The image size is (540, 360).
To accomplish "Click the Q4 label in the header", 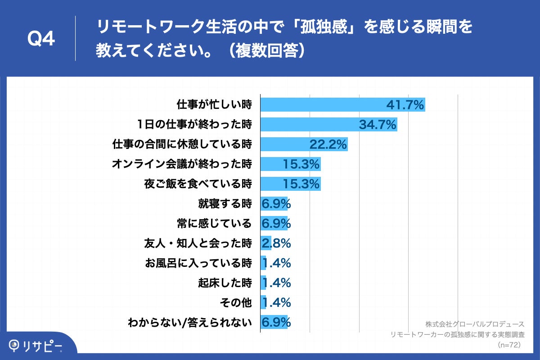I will pyautogui.click(x=41, y=39).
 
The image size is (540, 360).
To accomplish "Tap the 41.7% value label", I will pyautogui.click(x=405, y=105).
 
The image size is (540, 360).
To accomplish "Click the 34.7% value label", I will pyautogui.click(x=378, y=125).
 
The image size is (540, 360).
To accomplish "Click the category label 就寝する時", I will pyautogui.click(x=225, y=203).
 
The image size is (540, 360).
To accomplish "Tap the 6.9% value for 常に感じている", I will pyautogui.click(x=276, y=223).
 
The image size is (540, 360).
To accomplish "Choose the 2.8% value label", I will pyautogui.click(x=276, y=243).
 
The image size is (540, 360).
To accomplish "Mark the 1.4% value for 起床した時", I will pyautogui.click(x=276, y=283).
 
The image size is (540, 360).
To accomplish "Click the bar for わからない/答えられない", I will pyautogui.click(x=274, y=322).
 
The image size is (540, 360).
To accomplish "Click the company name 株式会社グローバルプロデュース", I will pyautogui.click(x=475, y=324).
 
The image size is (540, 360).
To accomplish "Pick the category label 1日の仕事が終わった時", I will pyautogui.click(x=195, y=125).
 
